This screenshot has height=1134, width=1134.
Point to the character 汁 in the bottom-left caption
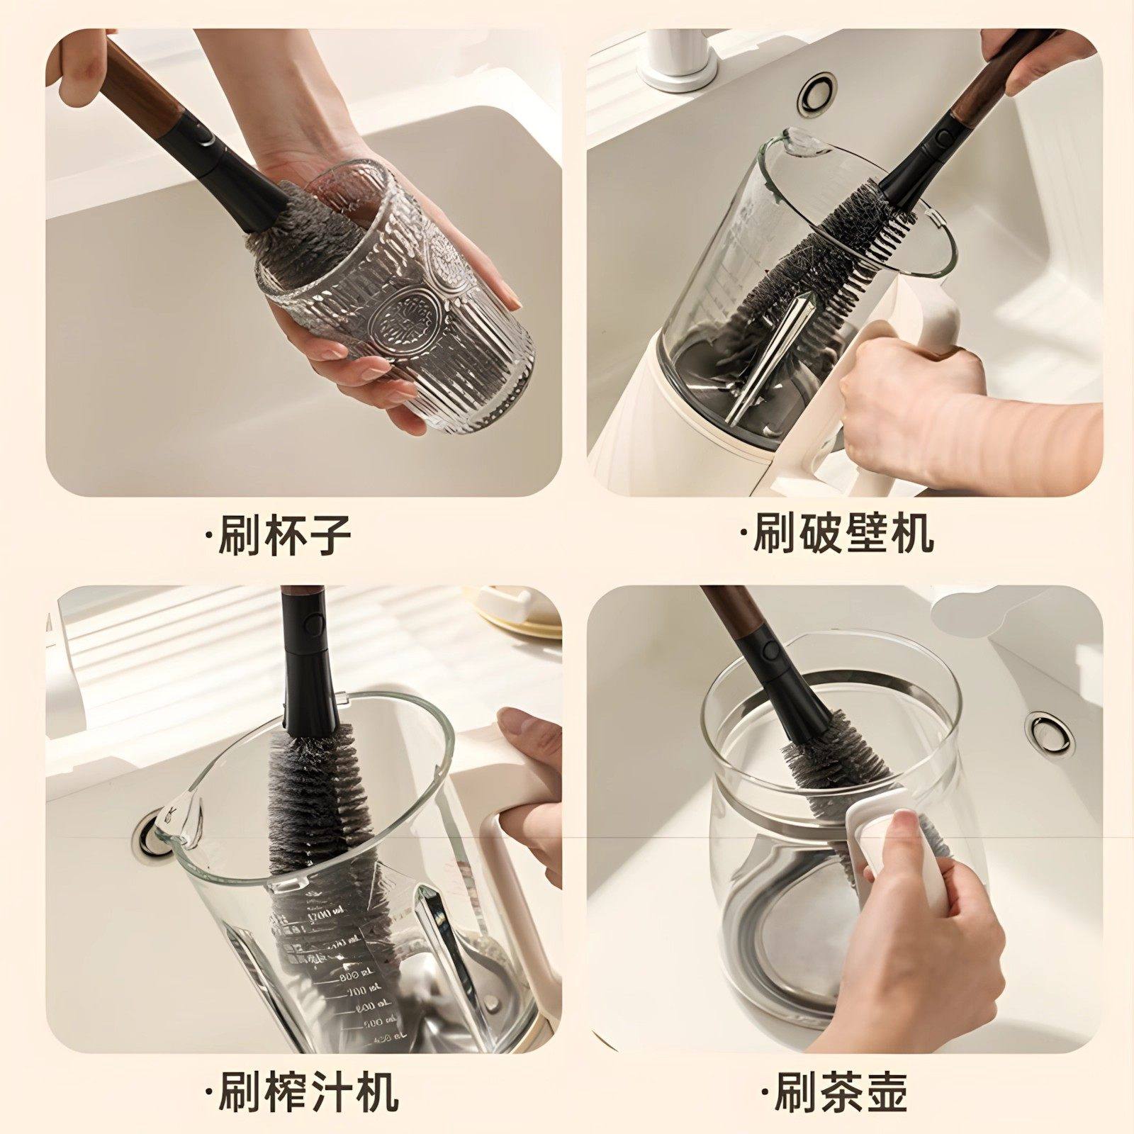pyautogui.click(x=331, y=1092)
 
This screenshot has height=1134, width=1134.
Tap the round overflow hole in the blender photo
pyautogui.click(x=816, y=90)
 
